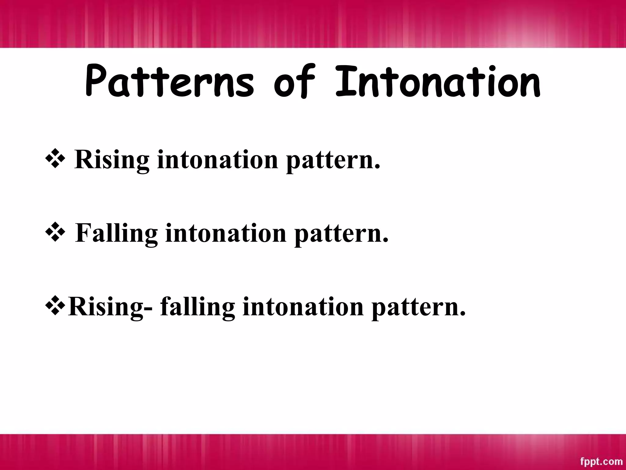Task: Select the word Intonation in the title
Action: pyautogui.click(x=437, y=82)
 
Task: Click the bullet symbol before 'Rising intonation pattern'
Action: pyautogui.click(x=55, y=159)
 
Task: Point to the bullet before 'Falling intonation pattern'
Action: pyautogui.click(x=55, y=233)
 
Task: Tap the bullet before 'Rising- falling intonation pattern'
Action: pyautogui.click(x=55, y=306)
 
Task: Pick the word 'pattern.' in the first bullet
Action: pyautogui.click(x=333, y=161)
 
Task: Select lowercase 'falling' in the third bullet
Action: pyautogui.click(x=197, y=307)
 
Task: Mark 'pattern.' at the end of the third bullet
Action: pyautogui.click(x=418, y=308)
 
